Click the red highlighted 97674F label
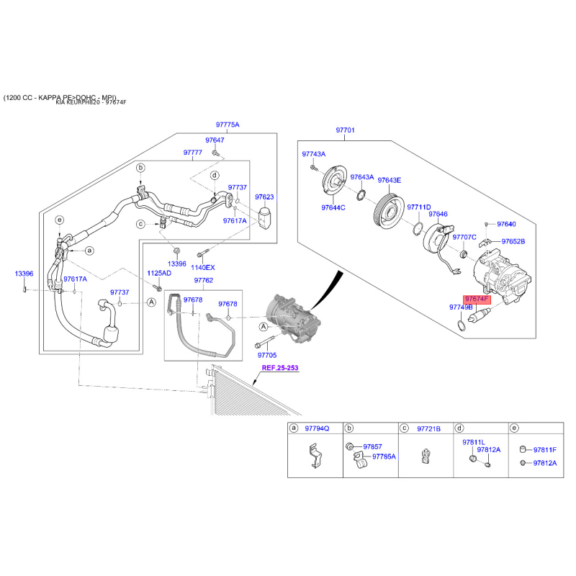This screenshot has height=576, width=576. (x=476, y=298)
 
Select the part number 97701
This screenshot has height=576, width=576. (x=345, y=130)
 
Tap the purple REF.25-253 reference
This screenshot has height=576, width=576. (x=279, y=368)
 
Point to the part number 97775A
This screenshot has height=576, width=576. (x=228, y=125)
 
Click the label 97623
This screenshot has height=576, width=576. (x=264, y=197)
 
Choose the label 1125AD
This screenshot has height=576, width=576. (x=159, y=274)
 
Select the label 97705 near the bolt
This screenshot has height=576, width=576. (x=266, y=356)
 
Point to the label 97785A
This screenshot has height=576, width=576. (x=384, y=456)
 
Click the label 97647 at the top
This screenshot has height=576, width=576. (x=215, y=140)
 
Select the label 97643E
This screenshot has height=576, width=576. (x=389, y=180)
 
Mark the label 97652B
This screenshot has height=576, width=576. (x=513, y=241)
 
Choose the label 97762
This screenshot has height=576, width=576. (x=203, y=280)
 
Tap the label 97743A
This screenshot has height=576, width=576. (x=313, y=154)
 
